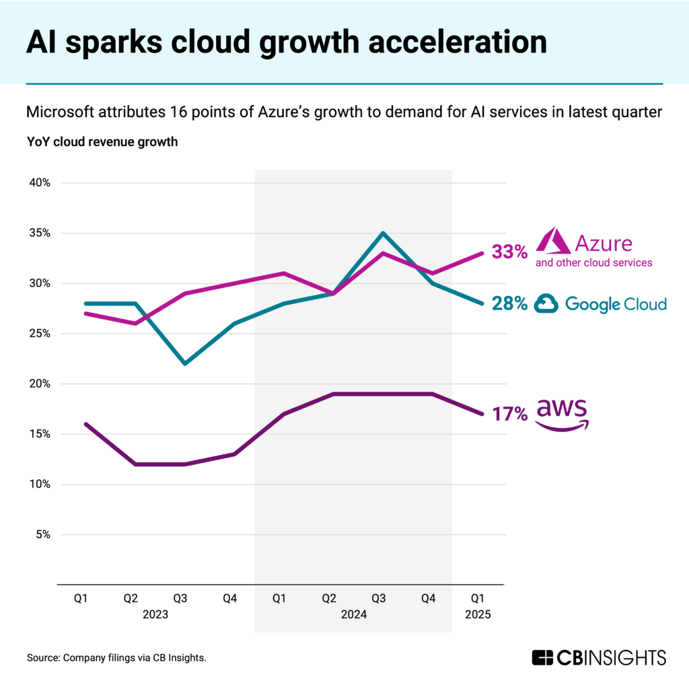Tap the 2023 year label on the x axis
(155, 614)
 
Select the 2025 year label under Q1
(477, 614)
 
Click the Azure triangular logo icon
(552, 242)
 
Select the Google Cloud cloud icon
(546, 304)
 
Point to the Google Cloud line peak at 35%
(382, 233)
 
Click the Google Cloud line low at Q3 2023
(185, 364)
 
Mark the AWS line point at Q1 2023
(86, 424)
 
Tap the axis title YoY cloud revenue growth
(102, 142)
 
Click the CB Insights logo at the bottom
(598, 657)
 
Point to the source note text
(116, 657)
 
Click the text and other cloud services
(593, 262)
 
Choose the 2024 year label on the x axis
(353, 614)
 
